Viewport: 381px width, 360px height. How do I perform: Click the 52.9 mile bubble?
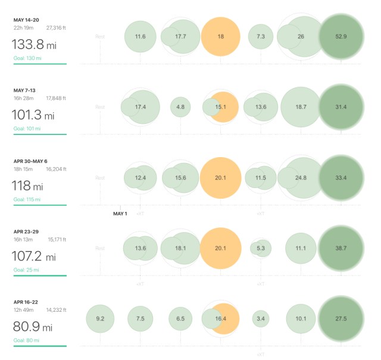coord(341,36)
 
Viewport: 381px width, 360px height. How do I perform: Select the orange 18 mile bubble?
coord(221,36)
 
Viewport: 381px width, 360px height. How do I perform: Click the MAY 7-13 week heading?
coord(29,90)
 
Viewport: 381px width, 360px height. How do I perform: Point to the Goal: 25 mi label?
coord(27,270)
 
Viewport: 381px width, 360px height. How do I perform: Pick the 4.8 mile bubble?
coord(180,107)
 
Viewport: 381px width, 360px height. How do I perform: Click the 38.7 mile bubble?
coord(341,248)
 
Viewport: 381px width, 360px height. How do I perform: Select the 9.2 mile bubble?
coord(100,319)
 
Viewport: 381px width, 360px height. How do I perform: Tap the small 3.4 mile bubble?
coord(260,319)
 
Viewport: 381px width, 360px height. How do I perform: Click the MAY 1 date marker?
coord(120,214)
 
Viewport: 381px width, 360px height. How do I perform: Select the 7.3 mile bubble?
coord(261,36)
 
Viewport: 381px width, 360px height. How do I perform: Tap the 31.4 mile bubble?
coord(341,107)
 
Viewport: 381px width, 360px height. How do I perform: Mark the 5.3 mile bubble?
coord(261,248)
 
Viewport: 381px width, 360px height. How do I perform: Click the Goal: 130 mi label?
coord(27,58)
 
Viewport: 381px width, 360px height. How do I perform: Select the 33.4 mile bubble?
coord(341,177)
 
